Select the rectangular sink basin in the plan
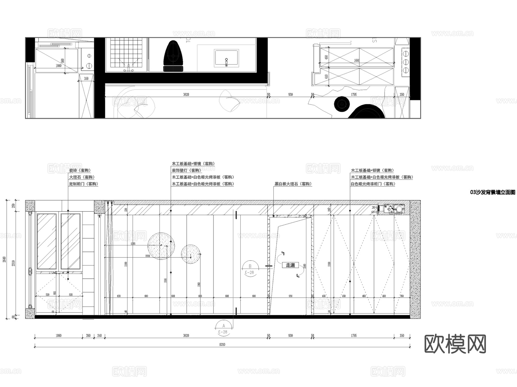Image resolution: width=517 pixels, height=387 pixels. (x=226, y=58)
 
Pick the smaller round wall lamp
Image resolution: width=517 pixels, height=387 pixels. (x=191, y=254)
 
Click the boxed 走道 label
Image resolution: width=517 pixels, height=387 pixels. (x=290, y=265)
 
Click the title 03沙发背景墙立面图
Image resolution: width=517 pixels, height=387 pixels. (x=492, y=192)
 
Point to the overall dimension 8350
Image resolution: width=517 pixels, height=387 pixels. (x=222, y=344)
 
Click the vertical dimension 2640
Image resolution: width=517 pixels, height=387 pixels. (x=4, y=259)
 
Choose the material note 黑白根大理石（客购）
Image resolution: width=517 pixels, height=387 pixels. (x=293, y=184)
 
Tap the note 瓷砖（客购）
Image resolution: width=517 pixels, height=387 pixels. (x=80, y=170)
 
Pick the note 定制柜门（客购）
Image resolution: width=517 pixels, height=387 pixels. (x=83, y=184)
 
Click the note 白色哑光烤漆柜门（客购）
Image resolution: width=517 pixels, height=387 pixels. (x=373, y=184)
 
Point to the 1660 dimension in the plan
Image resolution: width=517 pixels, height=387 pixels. (x=356, y=60)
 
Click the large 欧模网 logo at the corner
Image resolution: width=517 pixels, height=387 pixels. (x=455, y=344)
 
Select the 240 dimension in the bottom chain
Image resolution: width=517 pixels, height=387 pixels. (x=99, y=336)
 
